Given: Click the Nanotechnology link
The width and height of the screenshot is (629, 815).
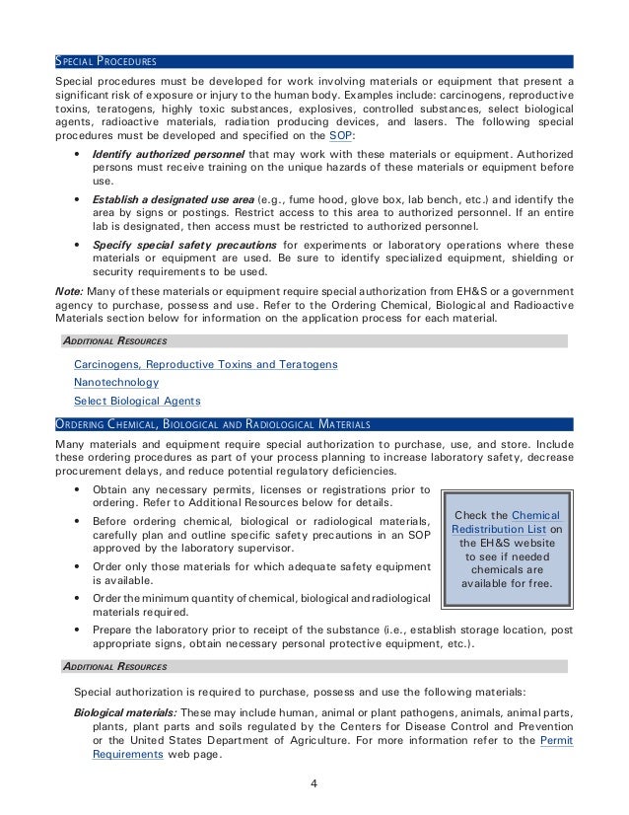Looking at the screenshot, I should (116, 383).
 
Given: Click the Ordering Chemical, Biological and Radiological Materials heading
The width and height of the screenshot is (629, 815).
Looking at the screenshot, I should (213, 424).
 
